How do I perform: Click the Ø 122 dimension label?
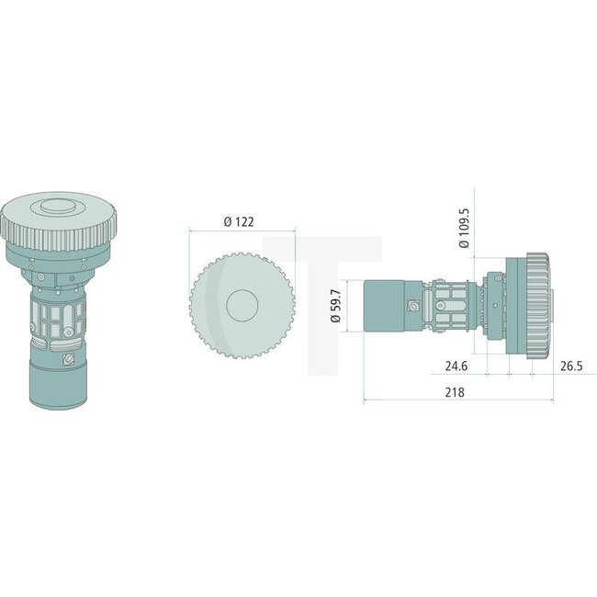241,222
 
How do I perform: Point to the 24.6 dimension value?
457,366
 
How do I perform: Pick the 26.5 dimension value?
572,366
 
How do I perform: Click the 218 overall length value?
455,391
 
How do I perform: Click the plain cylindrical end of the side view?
385,306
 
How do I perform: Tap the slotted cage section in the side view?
450,306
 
